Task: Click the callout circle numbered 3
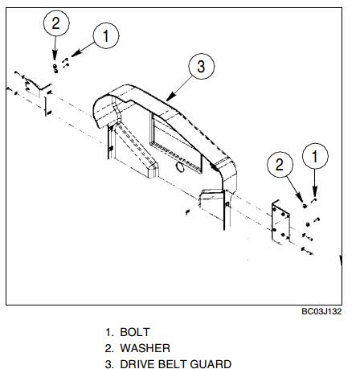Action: pos(202,66)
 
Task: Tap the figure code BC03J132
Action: pos(321,311)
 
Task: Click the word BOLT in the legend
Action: pos(135,332)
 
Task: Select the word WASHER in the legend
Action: pos(145,348)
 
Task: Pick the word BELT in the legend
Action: pos(173,364)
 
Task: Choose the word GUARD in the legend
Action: pos(211,364)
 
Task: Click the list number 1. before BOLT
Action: pos(109,332)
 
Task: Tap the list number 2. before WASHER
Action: pos(109,348)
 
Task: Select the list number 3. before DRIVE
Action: pos(109,364)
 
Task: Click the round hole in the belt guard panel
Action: pos(180,166)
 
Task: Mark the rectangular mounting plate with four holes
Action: pos(280,222)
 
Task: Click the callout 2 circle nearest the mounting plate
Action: pos(280,165)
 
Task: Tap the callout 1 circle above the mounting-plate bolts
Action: pos(315,156)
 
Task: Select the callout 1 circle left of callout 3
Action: pos(106,35)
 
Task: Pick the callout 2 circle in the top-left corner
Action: pos(56,23)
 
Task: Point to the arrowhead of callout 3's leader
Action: pos(168,98)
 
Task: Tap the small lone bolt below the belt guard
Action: pos(188,212)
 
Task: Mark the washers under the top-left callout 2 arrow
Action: pos(55,68)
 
